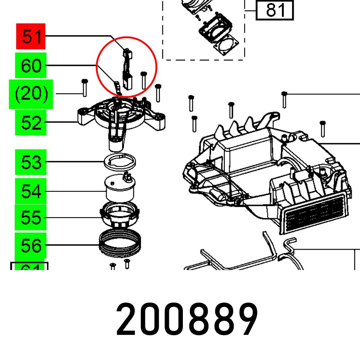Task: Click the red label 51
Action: click(x=31, y=36)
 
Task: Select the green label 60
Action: click(x=31, y=66)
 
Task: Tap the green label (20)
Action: click(x=31, y=94)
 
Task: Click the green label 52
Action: click(x=31, y=123)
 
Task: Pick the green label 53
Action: click(x=31, y=162)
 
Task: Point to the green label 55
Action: click(x=31, y=217)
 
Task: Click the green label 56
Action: click(x=31, y=246)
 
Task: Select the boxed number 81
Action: click(x=275, y=10)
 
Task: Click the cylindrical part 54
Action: click(x=119, y=188)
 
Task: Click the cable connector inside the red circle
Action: click(x=127, y=68)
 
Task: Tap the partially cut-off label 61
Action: click(x=29, y=267)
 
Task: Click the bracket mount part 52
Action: click(x=119, y=119)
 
